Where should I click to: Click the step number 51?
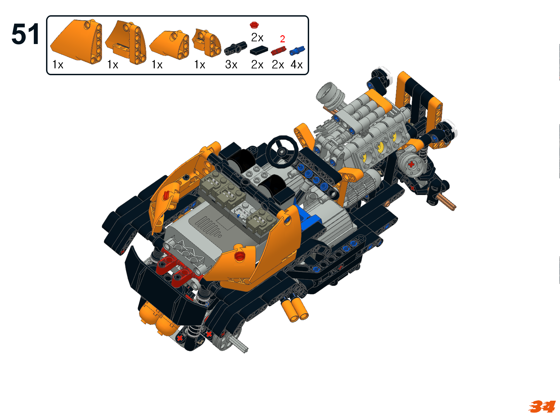(25, 34)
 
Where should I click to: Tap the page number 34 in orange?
(542, 406)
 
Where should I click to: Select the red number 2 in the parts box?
(282, 39)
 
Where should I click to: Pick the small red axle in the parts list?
(278, 50)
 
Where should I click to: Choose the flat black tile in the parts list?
(259, 50)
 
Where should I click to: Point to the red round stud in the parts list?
(254, 25)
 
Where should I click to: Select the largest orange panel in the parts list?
(76, 41)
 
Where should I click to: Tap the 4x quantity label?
(297, 65)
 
